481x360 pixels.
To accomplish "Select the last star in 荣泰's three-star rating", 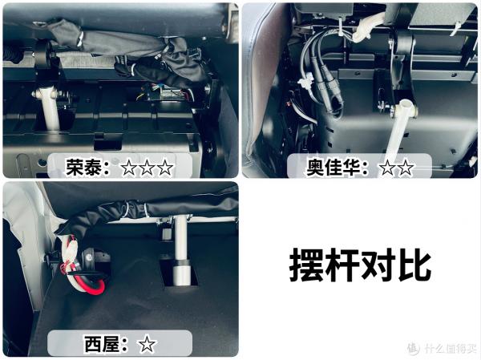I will click(164, 168).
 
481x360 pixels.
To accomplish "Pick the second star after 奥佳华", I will click(405, 168).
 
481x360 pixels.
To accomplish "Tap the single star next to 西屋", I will click(147, 345).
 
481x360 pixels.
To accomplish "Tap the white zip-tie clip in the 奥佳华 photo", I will click(305, 83).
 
